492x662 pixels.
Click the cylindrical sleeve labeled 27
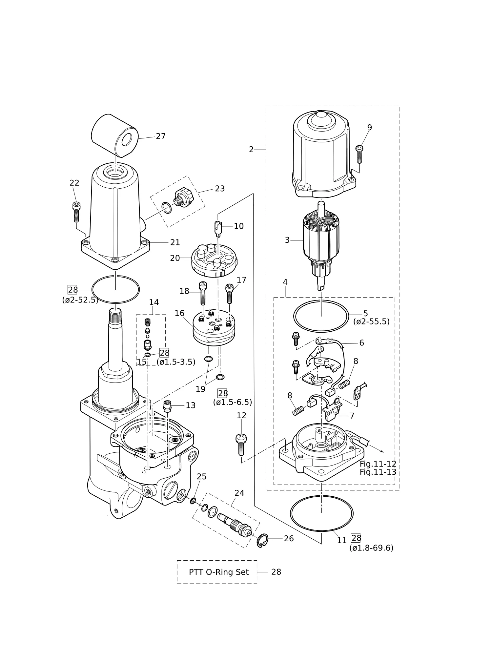(x=114, y=136)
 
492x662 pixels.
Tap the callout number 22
(x=74, y=183)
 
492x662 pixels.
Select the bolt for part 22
(x=76, y=212)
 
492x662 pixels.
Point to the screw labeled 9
(x=359, y=154)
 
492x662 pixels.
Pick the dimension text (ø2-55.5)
(x=371, y=322)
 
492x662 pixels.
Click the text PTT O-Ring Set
(x=219, y=572)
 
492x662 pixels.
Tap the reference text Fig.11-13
(x=378, y=472)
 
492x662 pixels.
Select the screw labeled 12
(x=241, y=445)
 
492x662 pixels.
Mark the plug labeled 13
(x=168, y=406)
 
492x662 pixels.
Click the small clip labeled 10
(x=218, y=229)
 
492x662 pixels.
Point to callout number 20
(x=175, y=258)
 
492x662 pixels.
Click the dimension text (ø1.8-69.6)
(x=371, y=548)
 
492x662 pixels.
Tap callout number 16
(x=179, y=313)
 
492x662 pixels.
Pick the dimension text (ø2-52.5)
(x=80, y=300)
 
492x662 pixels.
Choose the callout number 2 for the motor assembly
(x=251, y=150)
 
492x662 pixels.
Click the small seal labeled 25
(x=193, y=501)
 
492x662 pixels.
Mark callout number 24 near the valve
(x=239, y=493)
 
